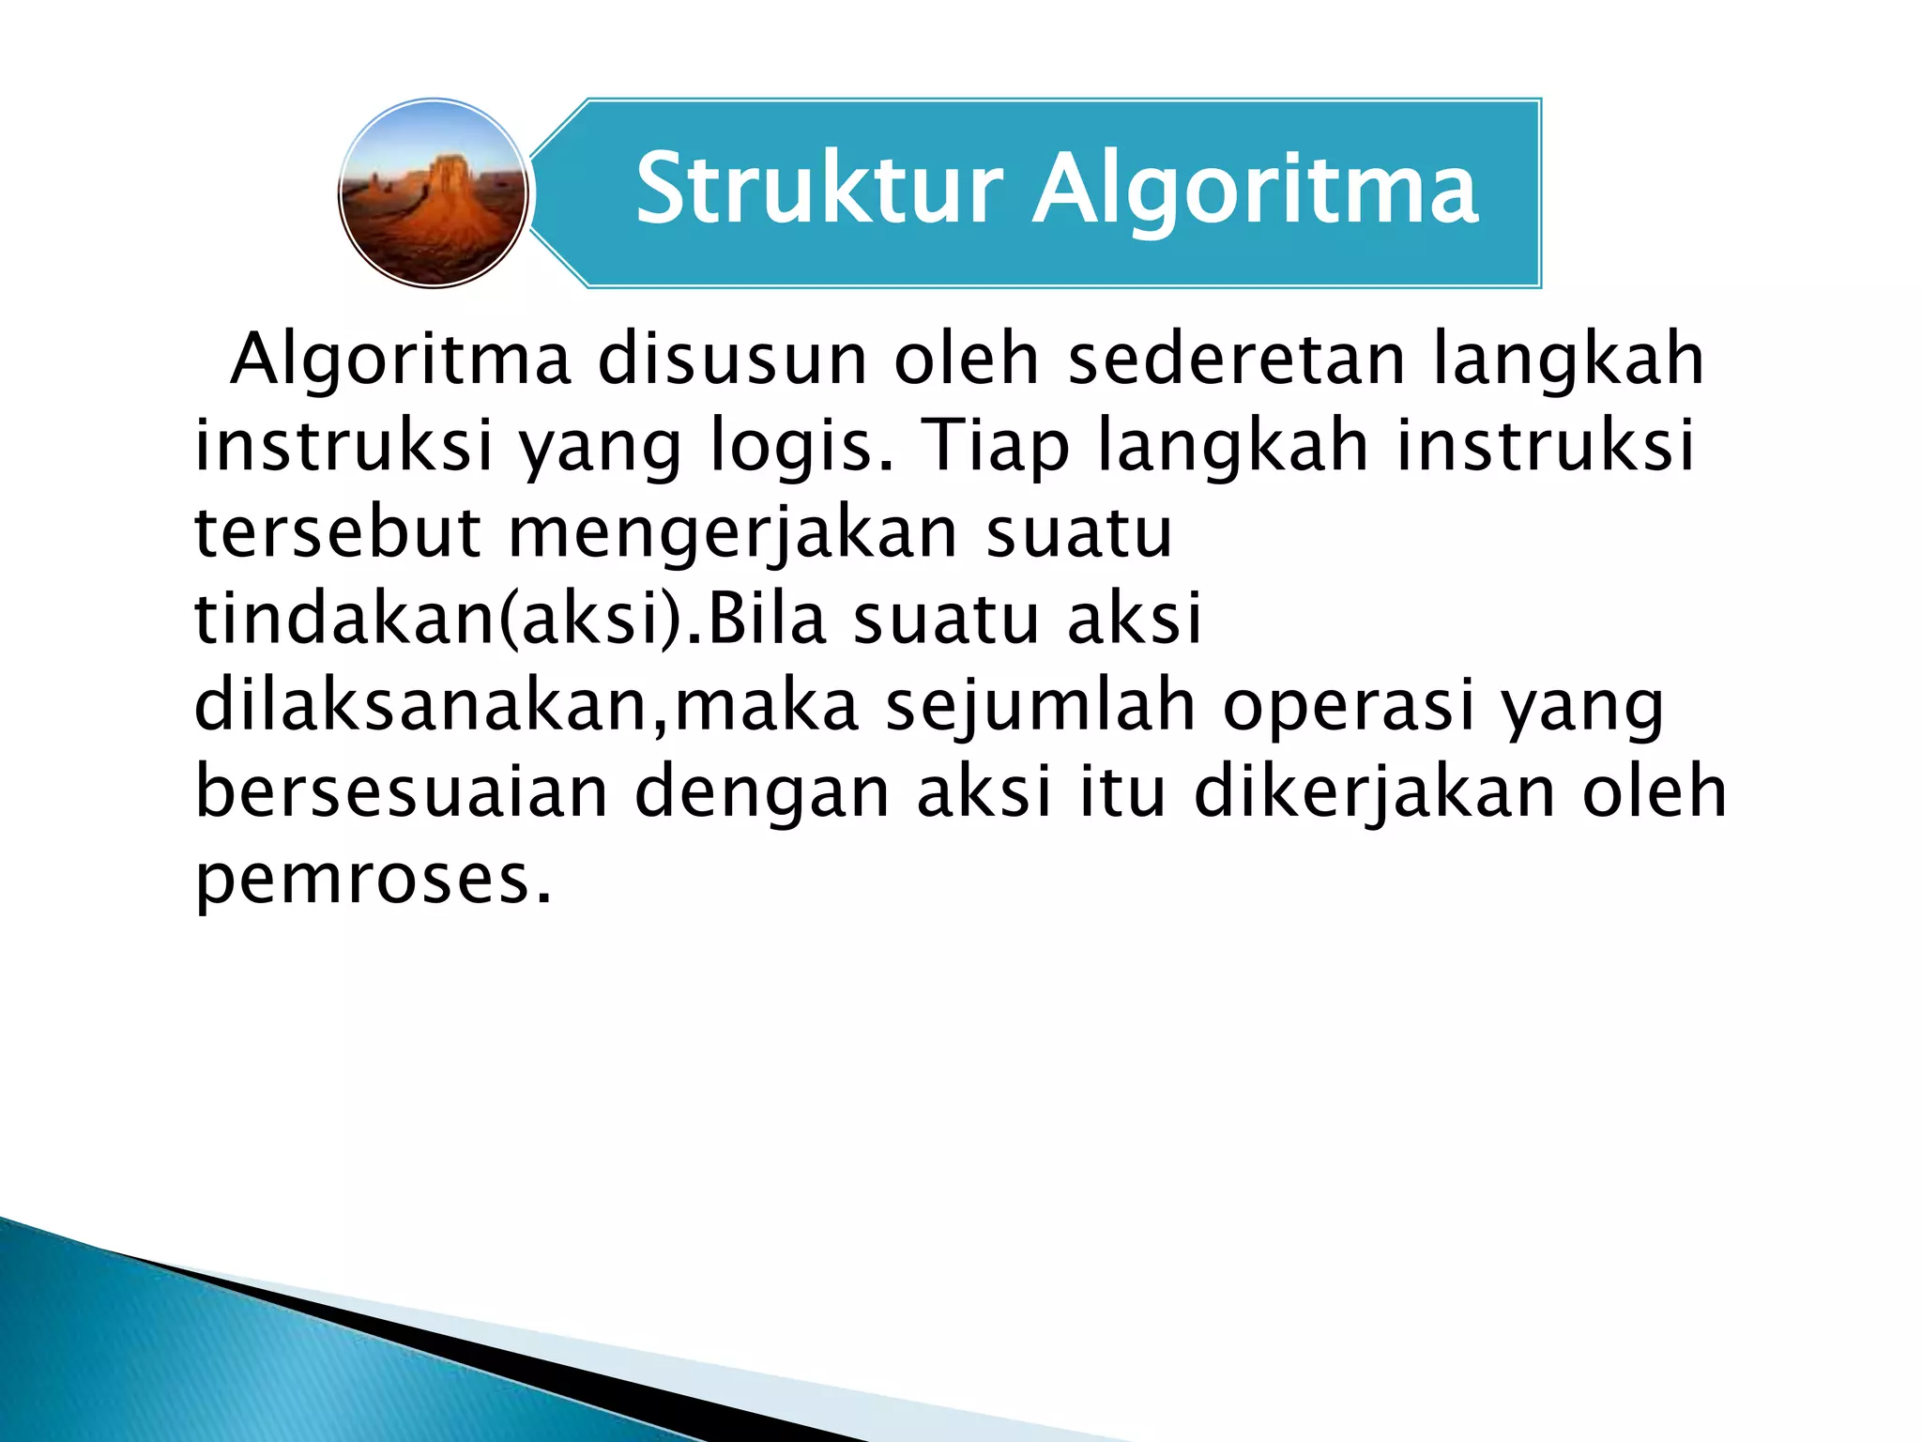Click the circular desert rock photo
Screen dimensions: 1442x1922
coord(433,193)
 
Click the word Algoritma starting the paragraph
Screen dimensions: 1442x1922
coord(401,361)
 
